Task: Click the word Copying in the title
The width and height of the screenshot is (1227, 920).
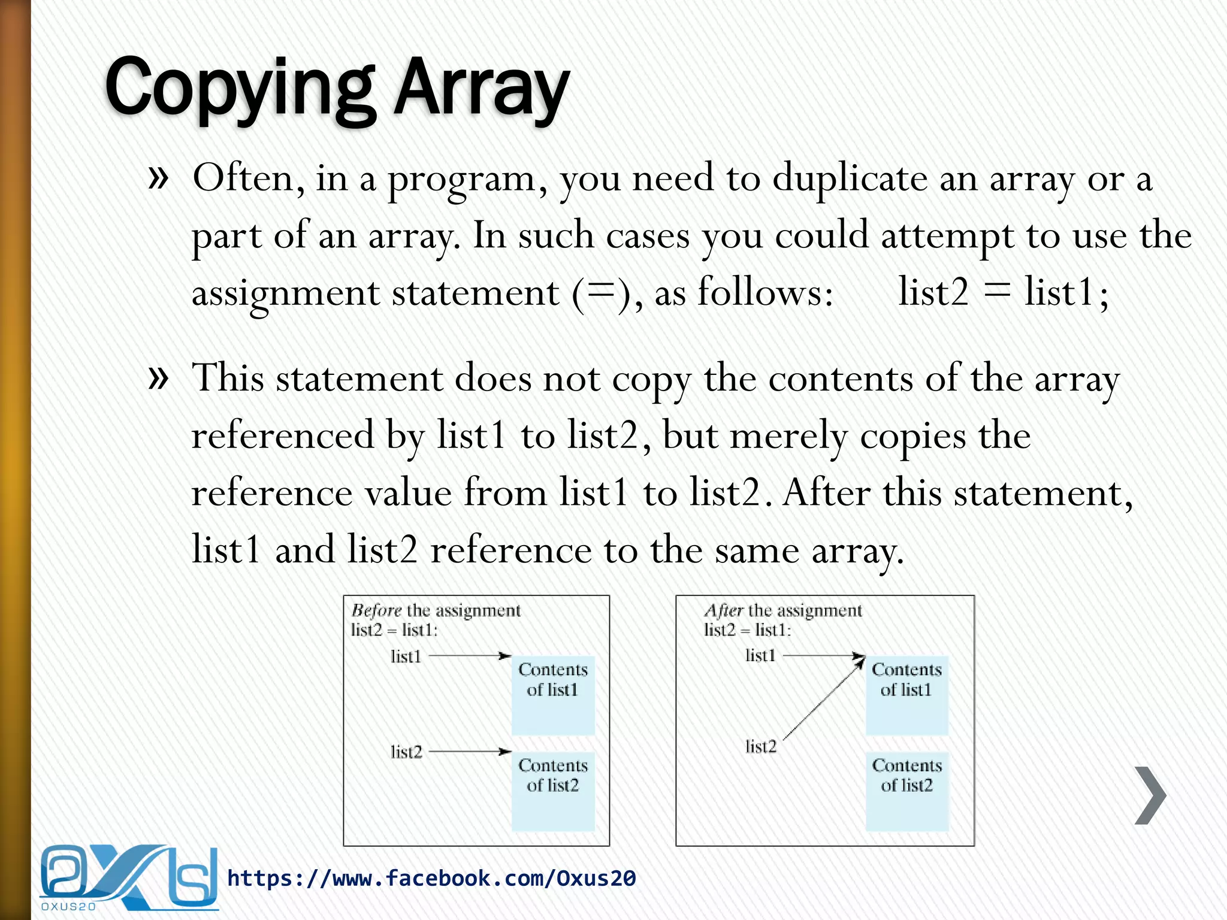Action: coord(240,89)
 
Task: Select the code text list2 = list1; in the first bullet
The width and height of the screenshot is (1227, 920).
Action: coord(1004,293)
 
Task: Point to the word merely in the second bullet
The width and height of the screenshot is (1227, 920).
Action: coord(788,435)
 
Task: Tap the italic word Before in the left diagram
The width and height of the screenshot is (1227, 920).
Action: coord(376,610)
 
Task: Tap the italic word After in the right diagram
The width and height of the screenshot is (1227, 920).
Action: coord(724,610)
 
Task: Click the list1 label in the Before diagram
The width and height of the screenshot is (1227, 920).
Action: coord(406,656)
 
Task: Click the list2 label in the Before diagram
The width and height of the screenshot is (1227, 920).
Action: coord(406,752)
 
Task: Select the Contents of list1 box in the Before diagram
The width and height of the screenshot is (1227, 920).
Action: coord(553,695)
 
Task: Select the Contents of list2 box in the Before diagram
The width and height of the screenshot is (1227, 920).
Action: coord(553,791)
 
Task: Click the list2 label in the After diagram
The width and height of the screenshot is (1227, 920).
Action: coord(761,746)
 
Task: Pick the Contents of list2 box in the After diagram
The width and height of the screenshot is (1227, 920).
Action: coord(907,791)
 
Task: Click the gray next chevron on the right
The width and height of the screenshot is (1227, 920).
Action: coord(1150,795)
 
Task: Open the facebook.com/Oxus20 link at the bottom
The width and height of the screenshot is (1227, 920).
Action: coord(431,878)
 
